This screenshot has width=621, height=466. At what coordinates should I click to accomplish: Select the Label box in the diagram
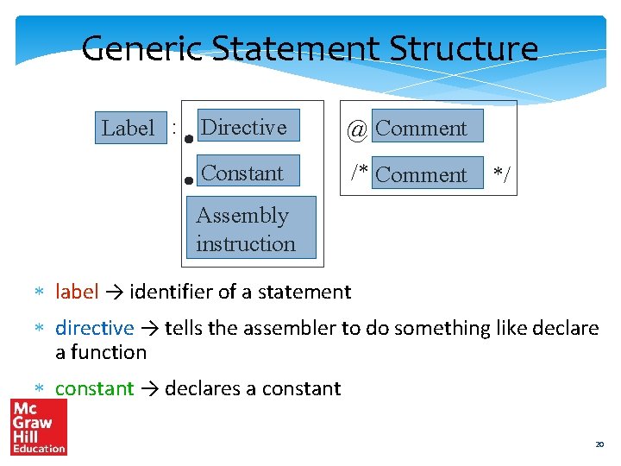(129, 129)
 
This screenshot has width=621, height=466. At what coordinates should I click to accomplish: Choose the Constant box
(248, 172)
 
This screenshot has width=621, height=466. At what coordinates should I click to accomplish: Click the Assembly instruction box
(251, 228)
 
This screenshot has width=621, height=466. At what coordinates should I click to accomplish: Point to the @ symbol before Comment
(357, 129)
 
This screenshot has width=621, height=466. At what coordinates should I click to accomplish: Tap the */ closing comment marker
(501, 175)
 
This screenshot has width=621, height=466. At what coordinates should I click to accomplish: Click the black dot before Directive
(188, 136)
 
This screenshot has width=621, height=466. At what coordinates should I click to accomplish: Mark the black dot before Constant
(188, 181)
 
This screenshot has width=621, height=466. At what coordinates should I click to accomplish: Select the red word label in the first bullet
(77, 292)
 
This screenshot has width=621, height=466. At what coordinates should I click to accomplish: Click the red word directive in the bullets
(94, 328)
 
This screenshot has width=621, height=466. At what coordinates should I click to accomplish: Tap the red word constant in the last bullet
(94, 388)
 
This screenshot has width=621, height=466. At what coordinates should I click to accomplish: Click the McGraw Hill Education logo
(39, 426)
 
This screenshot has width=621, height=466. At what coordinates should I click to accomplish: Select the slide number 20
(599, 444)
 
